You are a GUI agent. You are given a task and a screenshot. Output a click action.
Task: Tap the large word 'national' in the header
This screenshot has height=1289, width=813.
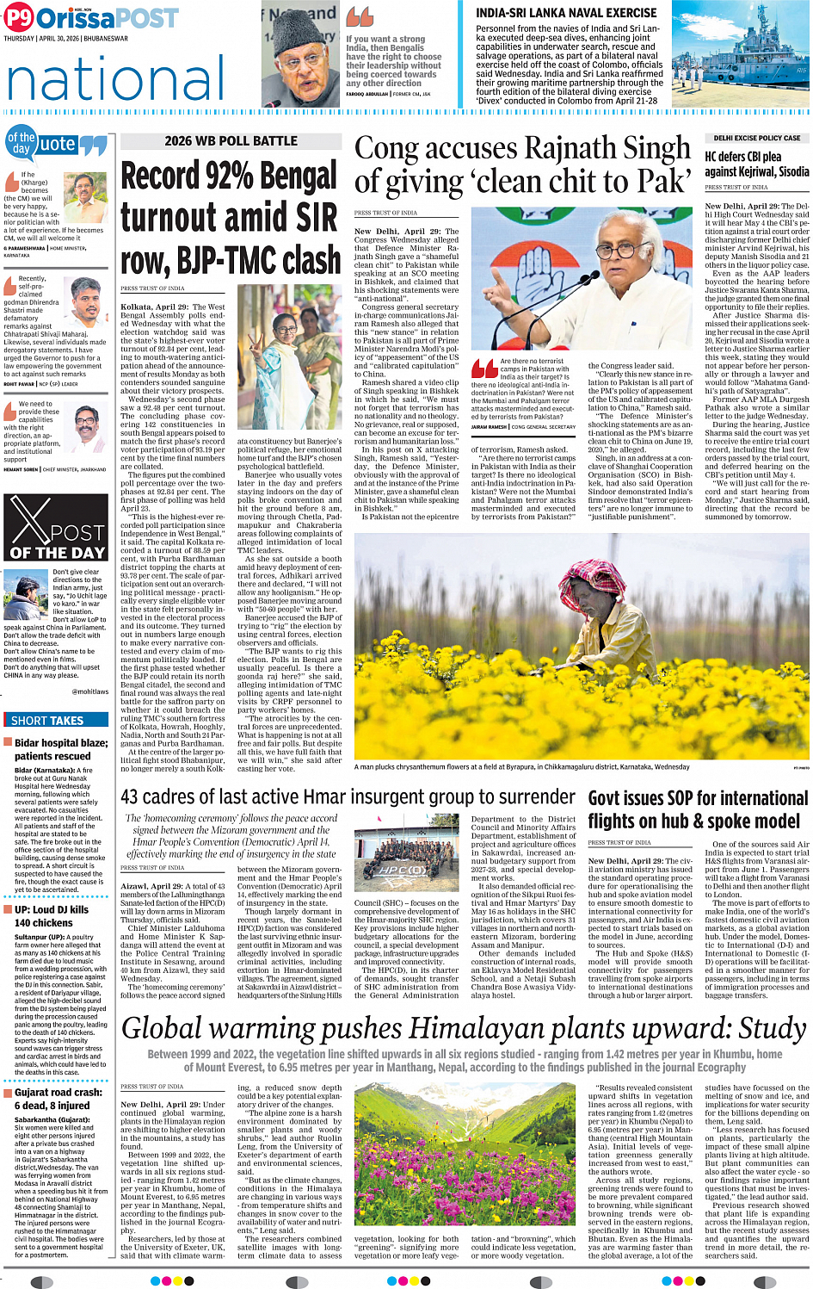(x=115, y=79)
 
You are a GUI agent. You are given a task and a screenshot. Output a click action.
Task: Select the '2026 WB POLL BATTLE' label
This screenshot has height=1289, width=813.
(x=231, y=141)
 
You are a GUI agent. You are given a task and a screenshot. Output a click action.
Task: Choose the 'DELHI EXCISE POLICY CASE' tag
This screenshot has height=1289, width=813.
(x=756, y=138)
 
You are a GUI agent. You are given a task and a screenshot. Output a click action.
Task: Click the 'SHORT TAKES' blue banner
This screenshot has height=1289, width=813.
(x=48, y=721)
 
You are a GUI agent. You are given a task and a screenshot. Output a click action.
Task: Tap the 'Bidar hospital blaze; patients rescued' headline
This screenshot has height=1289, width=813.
(x=61, y=749)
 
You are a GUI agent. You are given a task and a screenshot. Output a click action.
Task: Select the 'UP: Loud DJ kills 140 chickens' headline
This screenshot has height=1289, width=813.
(x=52, y=915)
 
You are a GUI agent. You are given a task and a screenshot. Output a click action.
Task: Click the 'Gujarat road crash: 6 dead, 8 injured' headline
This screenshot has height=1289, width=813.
(x=59, y=1098)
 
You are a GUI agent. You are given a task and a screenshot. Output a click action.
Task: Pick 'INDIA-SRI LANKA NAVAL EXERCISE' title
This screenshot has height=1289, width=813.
(x=566, y=13)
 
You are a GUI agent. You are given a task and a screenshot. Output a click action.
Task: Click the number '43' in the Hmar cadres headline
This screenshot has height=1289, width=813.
(x=130, y=797)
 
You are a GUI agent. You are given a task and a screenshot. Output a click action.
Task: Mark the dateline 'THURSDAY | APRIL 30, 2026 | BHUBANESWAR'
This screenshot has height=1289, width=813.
(x=65, y=39)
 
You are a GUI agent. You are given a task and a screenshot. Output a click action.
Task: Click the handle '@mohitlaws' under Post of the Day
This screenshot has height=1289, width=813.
(x=89, y=691)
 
